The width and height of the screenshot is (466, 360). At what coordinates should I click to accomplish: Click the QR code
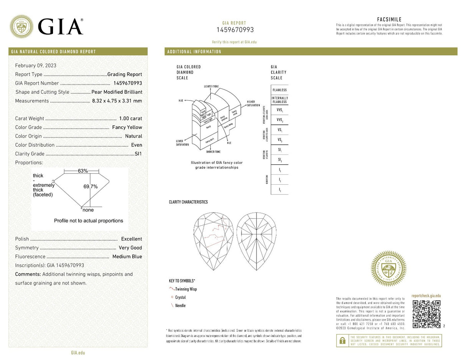tap(426, 314)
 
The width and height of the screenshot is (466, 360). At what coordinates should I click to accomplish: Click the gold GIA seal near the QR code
tap(388, 269)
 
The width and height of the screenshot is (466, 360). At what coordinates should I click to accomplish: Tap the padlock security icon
tap(342, 340)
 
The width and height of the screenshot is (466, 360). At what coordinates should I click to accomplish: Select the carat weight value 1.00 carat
tap(131, 119)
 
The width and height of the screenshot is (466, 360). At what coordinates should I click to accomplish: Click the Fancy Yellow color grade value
tap(127, 127)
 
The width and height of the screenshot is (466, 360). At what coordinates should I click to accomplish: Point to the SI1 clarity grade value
tap(138, 154)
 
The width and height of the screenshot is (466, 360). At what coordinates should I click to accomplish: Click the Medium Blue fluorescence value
tap(127, 257)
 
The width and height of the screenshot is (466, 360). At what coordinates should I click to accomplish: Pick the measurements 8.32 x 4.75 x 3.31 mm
tap(117, 101)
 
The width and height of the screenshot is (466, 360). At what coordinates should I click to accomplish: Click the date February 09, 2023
tap(36, 66)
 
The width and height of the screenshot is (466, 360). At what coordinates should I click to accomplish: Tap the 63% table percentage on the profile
tap(83, 171)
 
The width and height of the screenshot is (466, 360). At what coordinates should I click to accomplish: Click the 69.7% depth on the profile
tap(91, 187)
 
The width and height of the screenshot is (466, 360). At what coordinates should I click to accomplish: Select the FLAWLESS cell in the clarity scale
tap(279, 90)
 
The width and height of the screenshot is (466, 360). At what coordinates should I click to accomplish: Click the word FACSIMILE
tap(389, 20)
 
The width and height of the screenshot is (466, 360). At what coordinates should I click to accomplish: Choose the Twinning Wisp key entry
tap(186, 289)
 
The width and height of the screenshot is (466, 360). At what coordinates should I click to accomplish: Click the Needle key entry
tap(180, 306)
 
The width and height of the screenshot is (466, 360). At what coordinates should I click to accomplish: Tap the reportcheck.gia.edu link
tap(426, 296)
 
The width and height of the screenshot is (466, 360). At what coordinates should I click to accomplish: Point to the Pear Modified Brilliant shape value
tap(117, 92)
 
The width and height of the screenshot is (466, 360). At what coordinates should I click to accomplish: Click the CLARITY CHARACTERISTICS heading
tap(188, 202)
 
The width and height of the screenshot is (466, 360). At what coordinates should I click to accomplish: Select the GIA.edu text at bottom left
tap(78, 352)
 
